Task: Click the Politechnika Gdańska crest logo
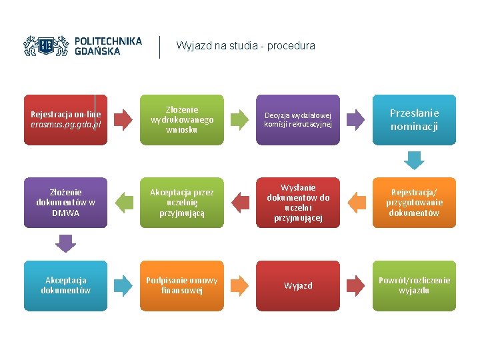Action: [46, 45]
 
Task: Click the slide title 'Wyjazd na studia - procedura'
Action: [245, 46]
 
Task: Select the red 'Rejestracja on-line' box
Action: [65, 120]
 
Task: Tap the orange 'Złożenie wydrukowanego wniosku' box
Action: [182, 120]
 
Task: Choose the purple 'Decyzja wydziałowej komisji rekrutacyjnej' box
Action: [298, 120]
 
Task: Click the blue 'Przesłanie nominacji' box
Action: [414, 120]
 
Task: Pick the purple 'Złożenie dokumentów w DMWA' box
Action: [65, 203]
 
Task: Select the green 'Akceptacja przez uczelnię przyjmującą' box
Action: [182, 203]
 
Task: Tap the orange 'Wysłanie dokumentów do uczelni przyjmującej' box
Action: [298, 203]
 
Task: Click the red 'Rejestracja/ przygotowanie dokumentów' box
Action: [414, 203]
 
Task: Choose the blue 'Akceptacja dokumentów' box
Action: [65, 285]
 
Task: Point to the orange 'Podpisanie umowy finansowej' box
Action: [182, 285]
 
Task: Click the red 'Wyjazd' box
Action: [298, 285]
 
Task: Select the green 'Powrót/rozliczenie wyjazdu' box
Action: [414, 285]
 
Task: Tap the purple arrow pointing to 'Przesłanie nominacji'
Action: [356, 120]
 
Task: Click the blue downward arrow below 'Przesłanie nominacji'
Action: [414, 161]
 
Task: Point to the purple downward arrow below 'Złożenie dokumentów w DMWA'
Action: [65, 243]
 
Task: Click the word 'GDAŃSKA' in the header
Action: [97, 51]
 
